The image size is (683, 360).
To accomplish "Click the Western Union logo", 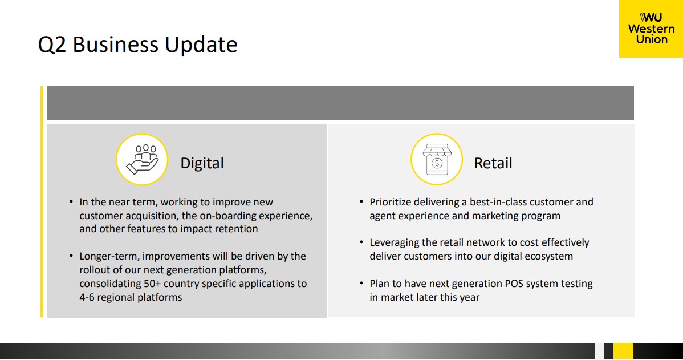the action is coord(651,29).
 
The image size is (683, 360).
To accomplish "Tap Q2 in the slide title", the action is coord(52,45).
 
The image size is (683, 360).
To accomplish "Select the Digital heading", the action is coord(202,163).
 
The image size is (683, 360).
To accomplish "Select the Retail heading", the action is coord(493,163).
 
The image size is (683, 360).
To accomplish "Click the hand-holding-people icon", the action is coord(142,160).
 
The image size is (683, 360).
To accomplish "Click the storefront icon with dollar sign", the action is coord(437,160).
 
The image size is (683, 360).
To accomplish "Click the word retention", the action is coord(238,229).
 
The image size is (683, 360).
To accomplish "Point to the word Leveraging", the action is coord(394,243).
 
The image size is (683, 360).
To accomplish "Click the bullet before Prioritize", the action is coord(361,202).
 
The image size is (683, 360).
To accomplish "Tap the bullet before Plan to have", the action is coord(361,284).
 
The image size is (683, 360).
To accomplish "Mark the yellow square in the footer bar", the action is coord(623,351).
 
